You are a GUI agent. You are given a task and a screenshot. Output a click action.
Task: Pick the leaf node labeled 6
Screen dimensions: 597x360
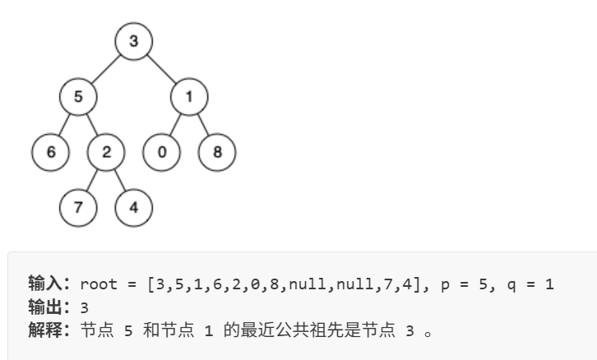51,153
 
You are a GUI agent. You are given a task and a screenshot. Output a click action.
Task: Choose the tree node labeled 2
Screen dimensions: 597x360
107,153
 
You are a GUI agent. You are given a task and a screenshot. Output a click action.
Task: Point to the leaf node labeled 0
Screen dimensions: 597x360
161,153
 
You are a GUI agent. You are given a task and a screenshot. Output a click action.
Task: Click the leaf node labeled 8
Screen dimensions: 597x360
217,153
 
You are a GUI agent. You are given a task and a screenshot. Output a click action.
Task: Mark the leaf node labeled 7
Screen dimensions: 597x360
79,207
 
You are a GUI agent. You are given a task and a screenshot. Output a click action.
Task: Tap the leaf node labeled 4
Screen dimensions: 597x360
134,207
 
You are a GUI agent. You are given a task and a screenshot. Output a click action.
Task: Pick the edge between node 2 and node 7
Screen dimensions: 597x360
93,180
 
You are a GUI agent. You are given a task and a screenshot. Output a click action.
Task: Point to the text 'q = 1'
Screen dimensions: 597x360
535,285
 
